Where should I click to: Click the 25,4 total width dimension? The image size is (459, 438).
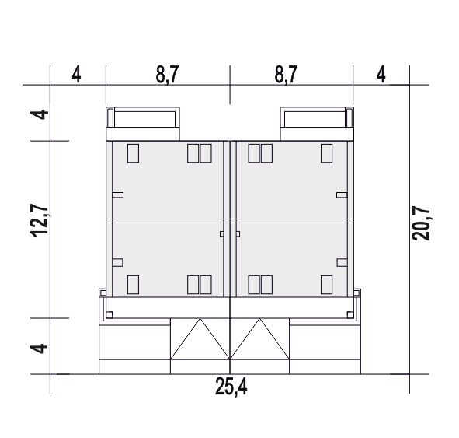pyautogui.click(x=231, y=387)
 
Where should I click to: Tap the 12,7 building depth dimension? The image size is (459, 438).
pyautogui.click(x=39, y=220)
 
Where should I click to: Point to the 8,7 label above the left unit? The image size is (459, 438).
pyautogui.click(x=167, y=75)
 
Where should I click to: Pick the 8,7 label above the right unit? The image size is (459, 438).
pyautogui.click(x=286, y=75)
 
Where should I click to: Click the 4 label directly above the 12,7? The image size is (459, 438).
pyautogui.click(x=39, y=114)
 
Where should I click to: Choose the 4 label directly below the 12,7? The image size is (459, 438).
pyautogui.click(x=39, y=349)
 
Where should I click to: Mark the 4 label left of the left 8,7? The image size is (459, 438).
pyautogui.click(x=76, y=75)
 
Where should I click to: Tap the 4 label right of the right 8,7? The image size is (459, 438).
pyautogui.click(x=381, y=75)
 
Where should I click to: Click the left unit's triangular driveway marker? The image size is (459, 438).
pyautogui.click(x=200, y=338)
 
